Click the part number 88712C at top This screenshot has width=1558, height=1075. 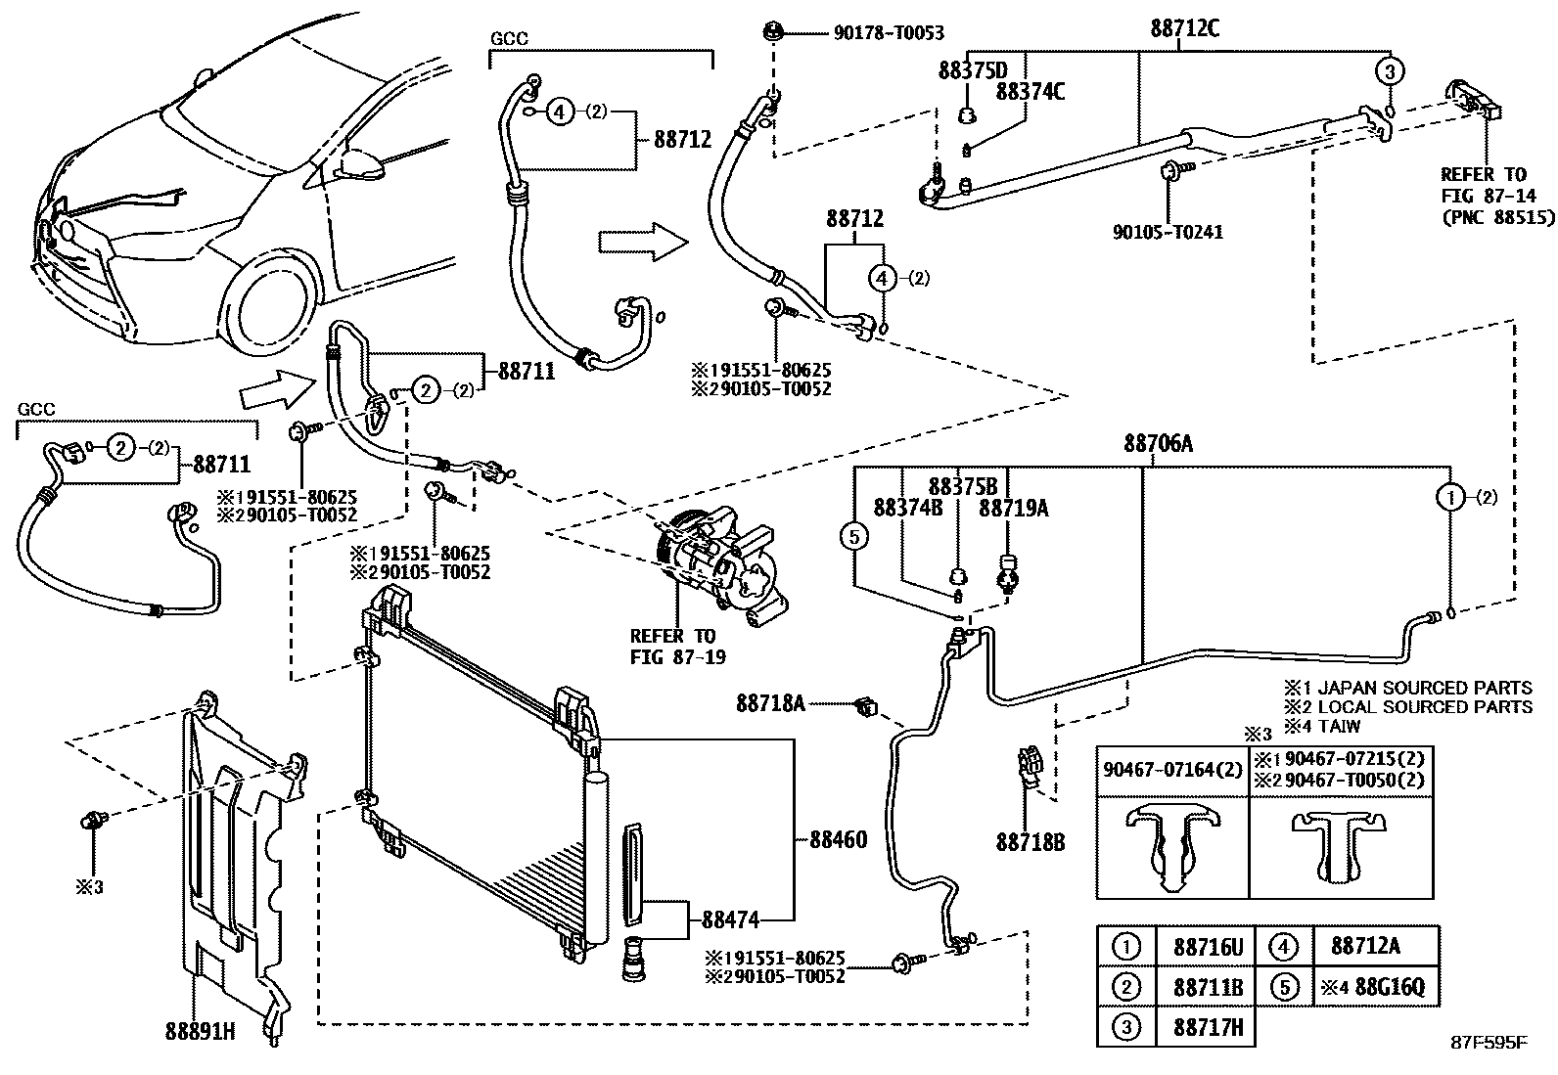tap(1184, 28)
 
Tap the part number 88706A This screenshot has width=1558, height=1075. tap(1158, 444)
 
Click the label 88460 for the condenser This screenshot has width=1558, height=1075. tap(838, 839)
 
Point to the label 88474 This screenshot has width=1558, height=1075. tap(731, 918)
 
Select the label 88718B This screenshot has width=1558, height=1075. tap(1031, 840)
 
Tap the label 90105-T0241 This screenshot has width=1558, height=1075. tap(1168, 233)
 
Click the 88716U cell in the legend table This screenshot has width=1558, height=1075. tap(1207, 946)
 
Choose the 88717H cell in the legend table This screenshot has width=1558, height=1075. tap(1207, 1026)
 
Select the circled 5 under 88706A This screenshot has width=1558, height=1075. tap(854, 536)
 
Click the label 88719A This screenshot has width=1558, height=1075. tap(1013, 508)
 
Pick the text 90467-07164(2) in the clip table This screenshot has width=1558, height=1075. tap(1171, 771)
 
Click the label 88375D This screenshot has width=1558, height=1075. tap(972, 70)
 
